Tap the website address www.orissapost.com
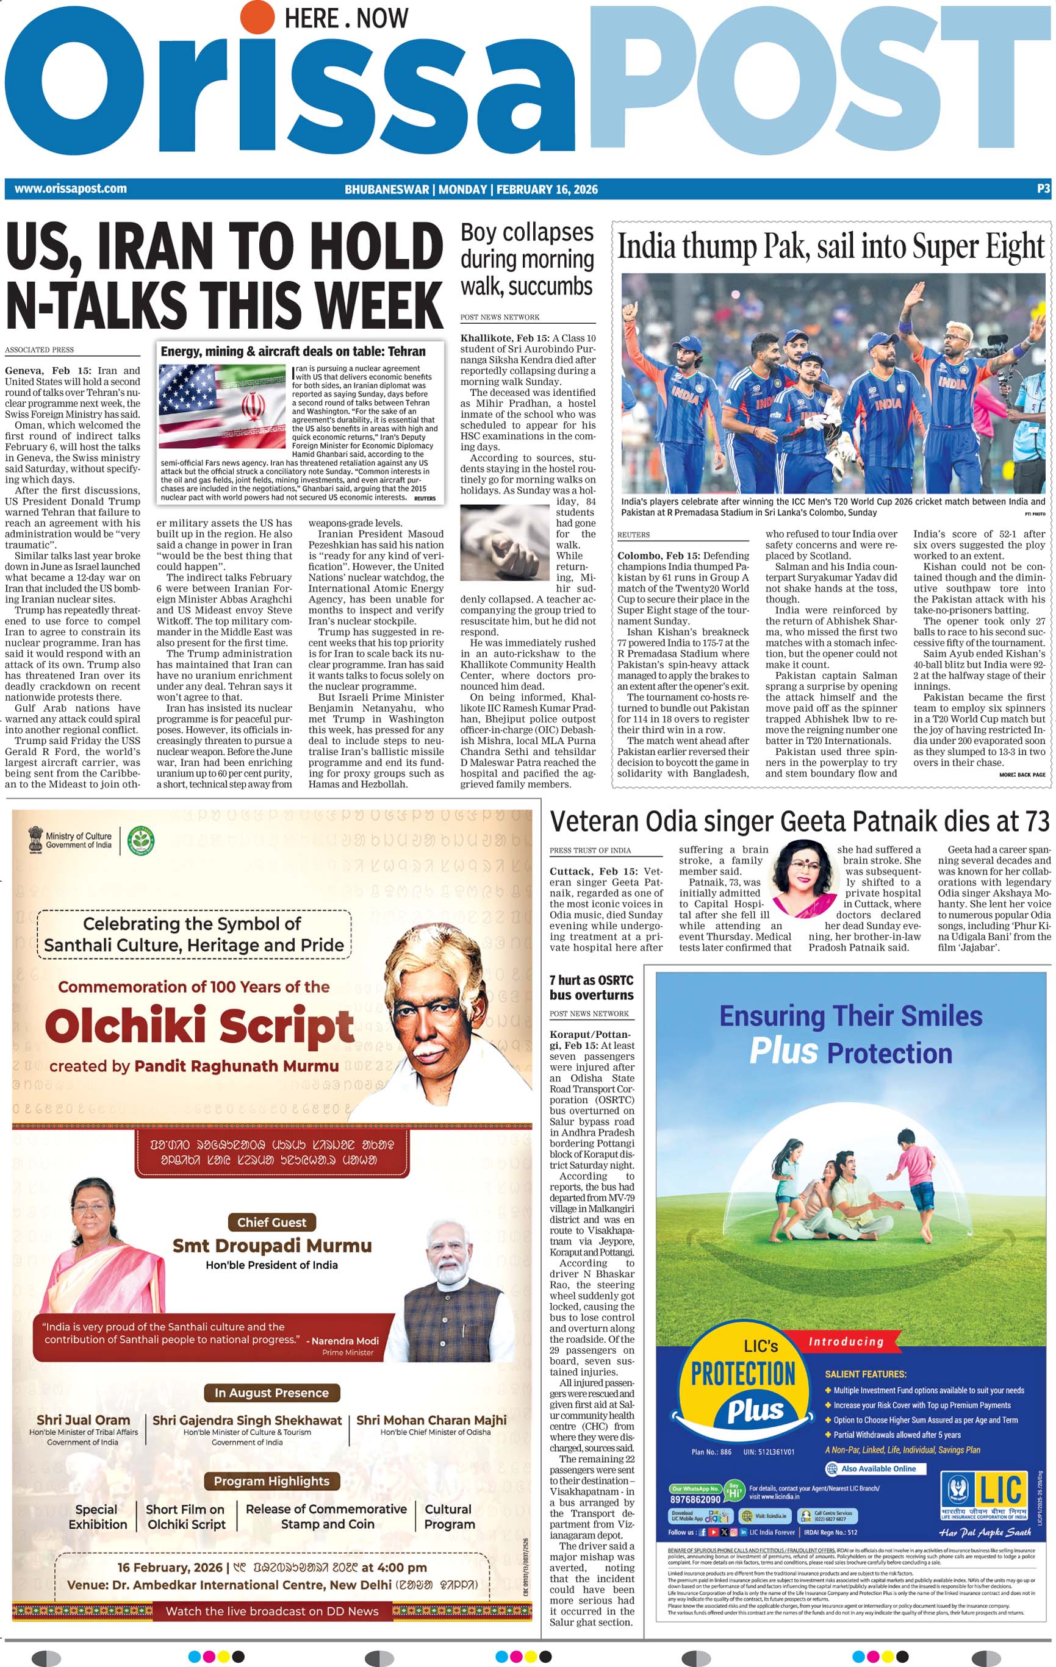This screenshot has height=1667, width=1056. (x=71, y=188)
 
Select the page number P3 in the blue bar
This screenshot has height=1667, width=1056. (x=1043, y=188)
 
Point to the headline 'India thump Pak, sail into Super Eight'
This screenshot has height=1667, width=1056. (x=830, y=247)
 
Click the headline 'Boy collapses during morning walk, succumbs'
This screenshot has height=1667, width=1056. (x=527, y=259)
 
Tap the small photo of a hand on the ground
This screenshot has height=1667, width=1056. (x=506, y=537)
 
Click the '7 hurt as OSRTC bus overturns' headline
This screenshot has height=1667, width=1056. (x=591, y=987)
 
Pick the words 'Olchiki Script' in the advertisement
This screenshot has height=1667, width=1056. (x=199, y=1026)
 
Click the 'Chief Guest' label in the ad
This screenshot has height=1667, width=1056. (x=271, y=1223)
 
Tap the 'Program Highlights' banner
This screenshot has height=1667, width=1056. (x=271, y=1481)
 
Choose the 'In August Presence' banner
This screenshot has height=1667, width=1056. (x=271, y=1392)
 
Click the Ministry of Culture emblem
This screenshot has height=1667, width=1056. (x=35, y=840)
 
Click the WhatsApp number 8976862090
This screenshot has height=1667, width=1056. (x=694, y=1499)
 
